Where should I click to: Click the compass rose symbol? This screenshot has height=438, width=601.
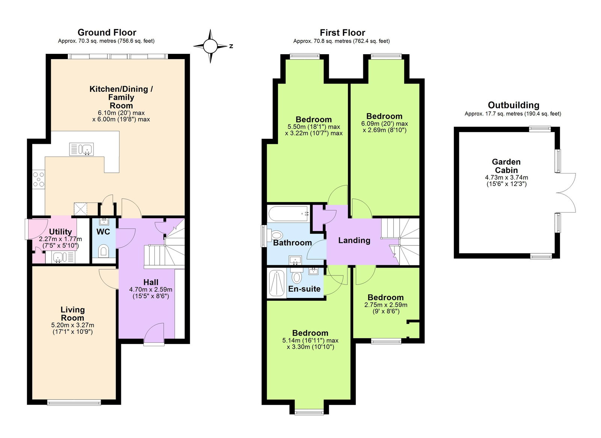[210, 46]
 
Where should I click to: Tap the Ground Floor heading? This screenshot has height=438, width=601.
[107, 32]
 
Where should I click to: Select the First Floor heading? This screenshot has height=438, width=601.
[342, 33]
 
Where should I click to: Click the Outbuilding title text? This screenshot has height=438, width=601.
[513, 105]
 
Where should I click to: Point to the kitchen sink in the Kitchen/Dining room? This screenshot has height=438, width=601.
[82, 149]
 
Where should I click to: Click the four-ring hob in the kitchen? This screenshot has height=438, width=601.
[38, 179]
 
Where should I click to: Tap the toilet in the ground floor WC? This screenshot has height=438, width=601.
[103, 251]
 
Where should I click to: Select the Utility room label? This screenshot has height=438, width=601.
[60, 232]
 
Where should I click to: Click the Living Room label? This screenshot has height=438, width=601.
[72, 313]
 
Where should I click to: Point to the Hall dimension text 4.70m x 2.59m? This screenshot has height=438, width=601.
[151, 289]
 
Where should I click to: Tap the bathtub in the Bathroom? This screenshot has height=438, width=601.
[288, 214]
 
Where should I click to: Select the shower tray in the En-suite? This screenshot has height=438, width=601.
[277, 283]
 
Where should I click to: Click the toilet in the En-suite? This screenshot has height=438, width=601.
[297, 276]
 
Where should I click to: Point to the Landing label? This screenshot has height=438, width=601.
[354, 240]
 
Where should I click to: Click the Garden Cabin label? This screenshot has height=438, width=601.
[506, 166]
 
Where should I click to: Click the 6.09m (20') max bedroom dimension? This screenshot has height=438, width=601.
[384, 123]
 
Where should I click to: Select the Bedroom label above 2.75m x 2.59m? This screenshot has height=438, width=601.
[385, 297]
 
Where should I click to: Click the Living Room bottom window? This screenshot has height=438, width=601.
[74, 403]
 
